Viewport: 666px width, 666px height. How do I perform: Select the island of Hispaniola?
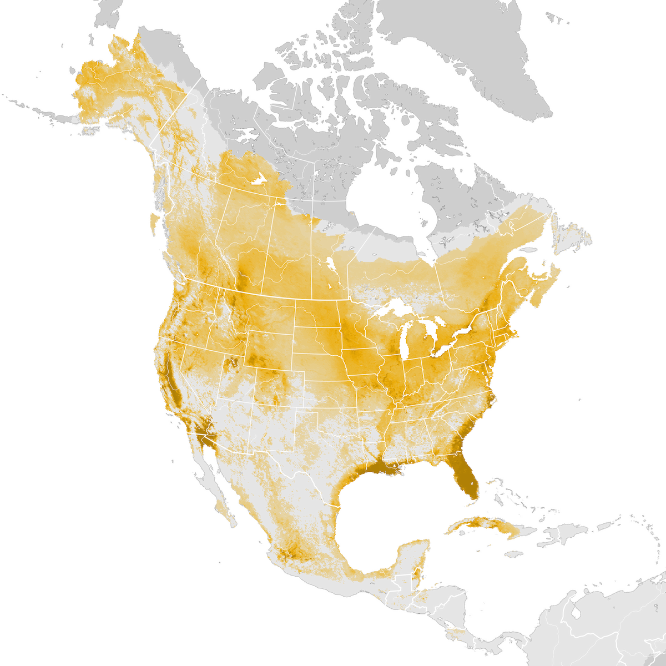pyautogui.click(x=561, y=536)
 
